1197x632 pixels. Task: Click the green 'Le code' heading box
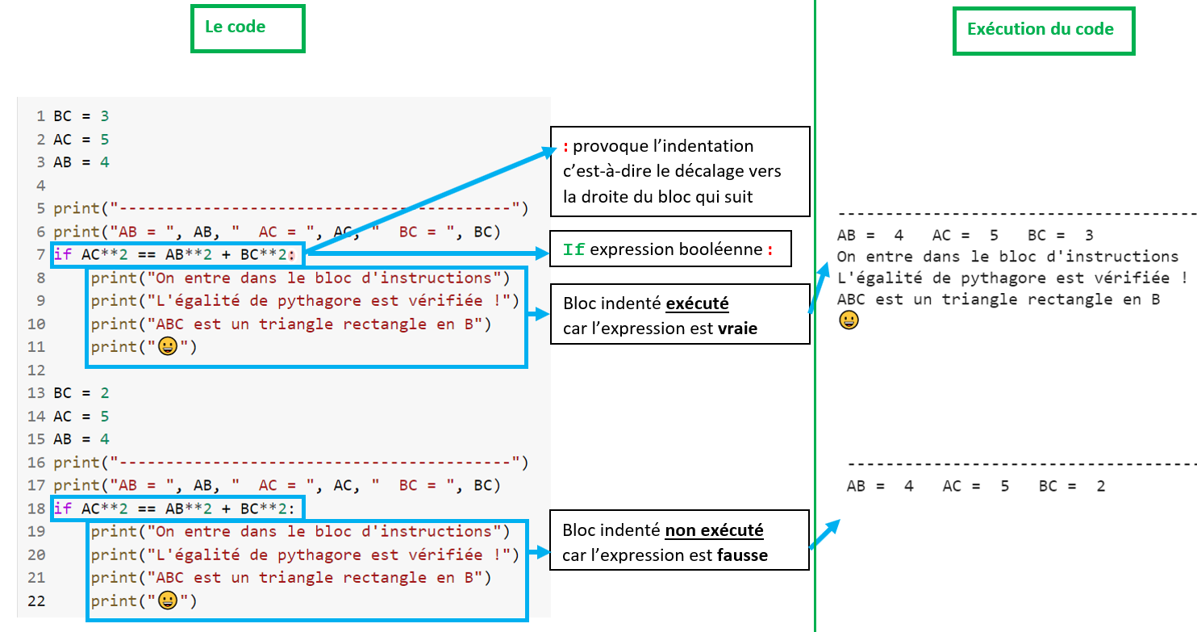[x=248, y=28]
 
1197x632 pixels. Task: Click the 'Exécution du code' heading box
[x=1043, y=31]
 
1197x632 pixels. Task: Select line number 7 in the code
[x=40, y=254]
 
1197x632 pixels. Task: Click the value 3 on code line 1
[x=105, y=116]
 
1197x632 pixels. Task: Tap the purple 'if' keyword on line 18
[x=63, y=509]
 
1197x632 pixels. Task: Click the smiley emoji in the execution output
[x=848, y=320]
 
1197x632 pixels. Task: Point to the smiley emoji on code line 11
[x=169, y=347]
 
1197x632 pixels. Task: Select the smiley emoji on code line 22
[x=169, y=601]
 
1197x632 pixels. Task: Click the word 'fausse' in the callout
[x=743, y=555]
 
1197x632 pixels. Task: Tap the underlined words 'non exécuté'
[x=714, y=531]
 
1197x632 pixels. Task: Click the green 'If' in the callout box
[x=574, y=250]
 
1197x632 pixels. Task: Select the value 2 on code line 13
[x=105, y=393]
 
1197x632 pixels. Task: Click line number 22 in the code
[x=36, y=601]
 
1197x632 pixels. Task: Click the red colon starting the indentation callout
[x=566, y=147]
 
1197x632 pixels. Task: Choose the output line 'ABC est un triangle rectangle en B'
[x=999, y=299]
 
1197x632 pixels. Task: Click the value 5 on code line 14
[x=105, y=416]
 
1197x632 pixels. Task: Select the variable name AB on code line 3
[x=63, y=162]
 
